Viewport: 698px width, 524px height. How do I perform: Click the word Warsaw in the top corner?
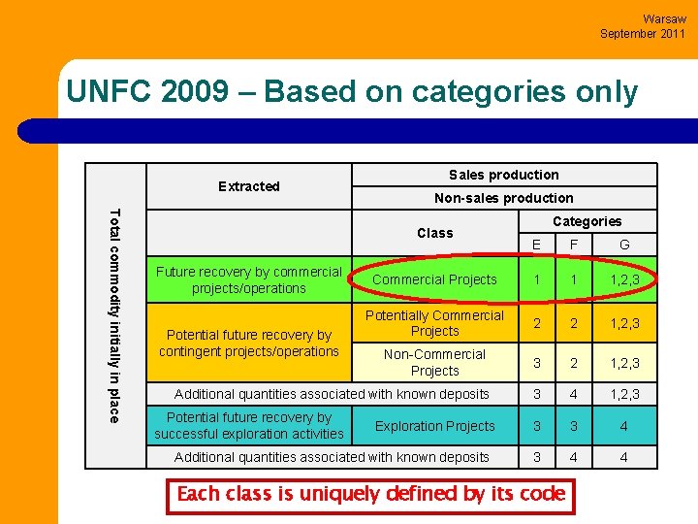[x=664, y=18]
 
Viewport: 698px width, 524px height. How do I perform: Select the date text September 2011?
[x=642, y=33]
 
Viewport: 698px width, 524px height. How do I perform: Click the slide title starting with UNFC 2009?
[x=352, y=92]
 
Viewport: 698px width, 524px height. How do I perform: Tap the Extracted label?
[x=248, y=186]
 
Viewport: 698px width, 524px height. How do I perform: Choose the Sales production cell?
[x=503, y=175]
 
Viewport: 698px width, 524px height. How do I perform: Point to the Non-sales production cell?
[x=503, y=198]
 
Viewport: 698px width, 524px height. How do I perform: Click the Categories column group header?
[x=587, y=221]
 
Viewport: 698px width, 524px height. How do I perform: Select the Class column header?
[x=434, y=233]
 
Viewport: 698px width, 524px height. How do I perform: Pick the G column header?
[x=623, y=245]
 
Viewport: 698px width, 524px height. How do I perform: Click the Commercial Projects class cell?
[x=434, y=279]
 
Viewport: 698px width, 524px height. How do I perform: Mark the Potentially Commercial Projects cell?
[x=434, y=323]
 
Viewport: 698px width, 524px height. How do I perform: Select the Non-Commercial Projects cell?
[x=434, y=362]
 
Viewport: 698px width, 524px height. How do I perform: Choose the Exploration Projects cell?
[x=434, y=426]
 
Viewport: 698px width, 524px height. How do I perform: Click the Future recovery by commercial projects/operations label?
[x=249, y=279]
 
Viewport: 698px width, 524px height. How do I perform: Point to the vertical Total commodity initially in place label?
[x=115, y=315]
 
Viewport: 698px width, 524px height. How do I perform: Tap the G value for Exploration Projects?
[x=623, y=426]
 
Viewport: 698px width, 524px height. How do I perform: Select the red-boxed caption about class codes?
[x=371, y=494]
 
